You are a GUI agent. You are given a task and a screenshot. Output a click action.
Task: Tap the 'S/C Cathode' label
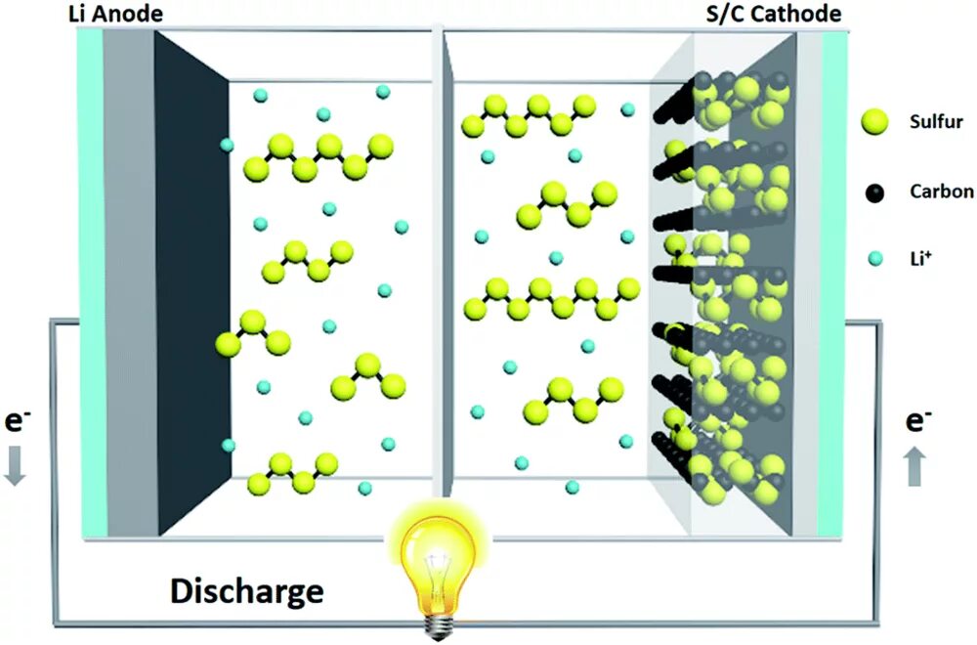click(773, 14)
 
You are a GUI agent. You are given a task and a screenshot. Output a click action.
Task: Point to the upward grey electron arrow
click(913, 466)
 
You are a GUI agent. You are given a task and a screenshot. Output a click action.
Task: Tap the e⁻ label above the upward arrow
click(915, 422)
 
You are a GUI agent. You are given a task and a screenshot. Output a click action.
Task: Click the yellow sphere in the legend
click(875, 122)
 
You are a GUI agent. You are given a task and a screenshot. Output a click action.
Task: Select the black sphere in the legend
click(875, 192)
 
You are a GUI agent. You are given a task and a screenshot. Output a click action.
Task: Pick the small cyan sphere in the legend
click(875, 259)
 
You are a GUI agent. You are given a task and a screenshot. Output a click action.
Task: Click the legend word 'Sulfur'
click(936, 123)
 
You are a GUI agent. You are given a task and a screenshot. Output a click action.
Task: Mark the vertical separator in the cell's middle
click(439, 264)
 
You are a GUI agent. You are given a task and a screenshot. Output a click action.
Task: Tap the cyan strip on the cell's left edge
click(91, 283)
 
